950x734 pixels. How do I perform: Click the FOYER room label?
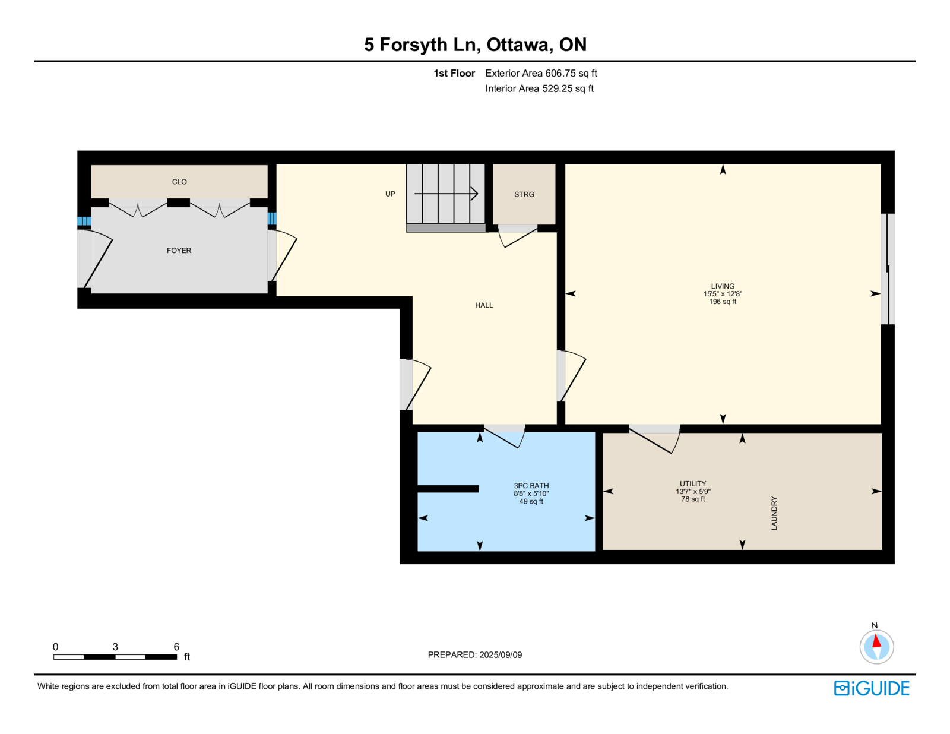[179, 251]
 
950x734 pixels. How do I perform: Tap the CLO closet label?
[179, 182]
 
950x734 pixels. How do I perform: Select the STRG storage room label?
[524, 195]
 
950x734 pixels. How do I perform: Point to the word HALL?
[484, 305]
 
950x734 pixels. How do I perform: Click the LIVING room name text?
[723, 286]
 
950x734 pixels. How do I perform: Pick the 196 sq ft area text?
[723, 302]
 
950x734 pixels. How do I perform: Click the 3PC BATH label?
[531, 486]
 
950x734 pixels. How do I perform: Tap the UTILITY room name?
[693, 483]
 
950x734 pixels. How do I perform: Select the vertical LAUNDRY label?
[774, 513]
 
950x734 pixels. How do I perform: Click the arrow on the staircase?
[446, 193]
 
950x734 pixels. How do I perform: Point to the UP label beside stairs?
[391, 194]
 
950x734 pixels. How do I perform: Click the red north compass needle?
[876, 641]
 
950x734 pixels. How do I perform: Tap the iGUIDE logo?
[871, 688]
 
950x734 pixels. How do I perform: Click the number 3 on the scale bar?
[115, 647]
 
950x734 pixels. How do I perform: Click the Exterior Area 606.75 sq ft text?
[541, 74]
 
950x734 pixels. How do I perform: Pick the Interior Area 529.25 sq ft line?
[540, 88]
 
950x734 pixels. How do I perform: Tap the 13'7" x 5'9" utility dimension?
[693, 491]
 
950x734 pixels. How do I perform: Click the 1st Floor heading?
[454, 74]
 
